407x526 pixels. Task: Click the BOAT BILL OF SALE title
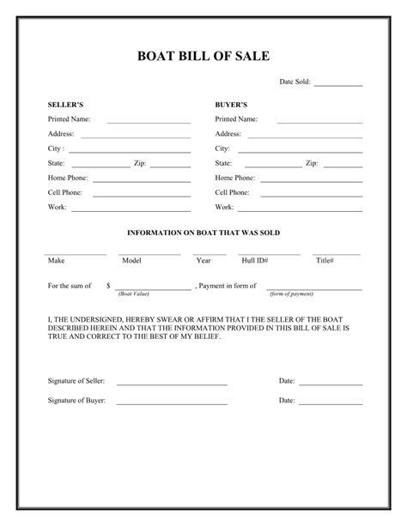pos(203,57)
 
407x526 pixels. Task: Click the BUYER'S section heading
pos(231,104)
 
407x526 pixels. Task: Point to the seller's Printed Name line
pos(149,123)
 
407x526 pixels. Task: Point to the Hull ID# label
pos(255,260)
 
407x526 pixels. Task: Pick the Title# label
pos(325,260)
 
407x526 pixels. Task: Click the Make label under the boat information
pos(56,260)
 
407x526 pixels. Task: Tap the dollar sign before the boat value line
pos(108,284)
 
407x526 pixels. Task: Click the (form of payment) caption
pos(291,294)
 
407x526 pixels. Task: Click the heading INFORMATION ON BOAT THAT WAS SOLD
pos(203,233)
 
